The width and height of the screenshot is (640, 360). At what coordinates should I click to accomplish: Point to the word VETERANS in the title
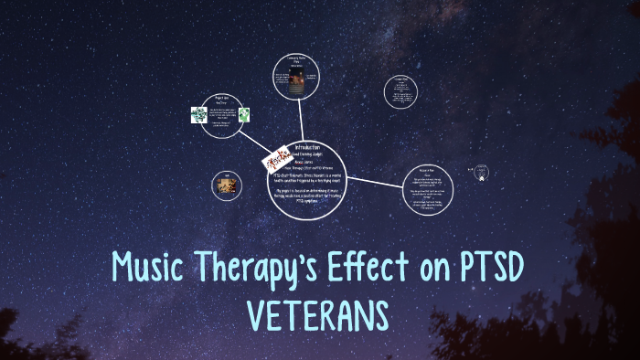coord(319,315)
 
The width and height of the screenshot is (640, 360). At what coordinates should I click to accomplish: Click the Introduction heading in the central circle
coord(306,146)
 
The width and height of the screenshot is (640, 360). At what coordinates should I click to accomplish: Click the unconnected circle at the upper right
coord(400,90)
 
